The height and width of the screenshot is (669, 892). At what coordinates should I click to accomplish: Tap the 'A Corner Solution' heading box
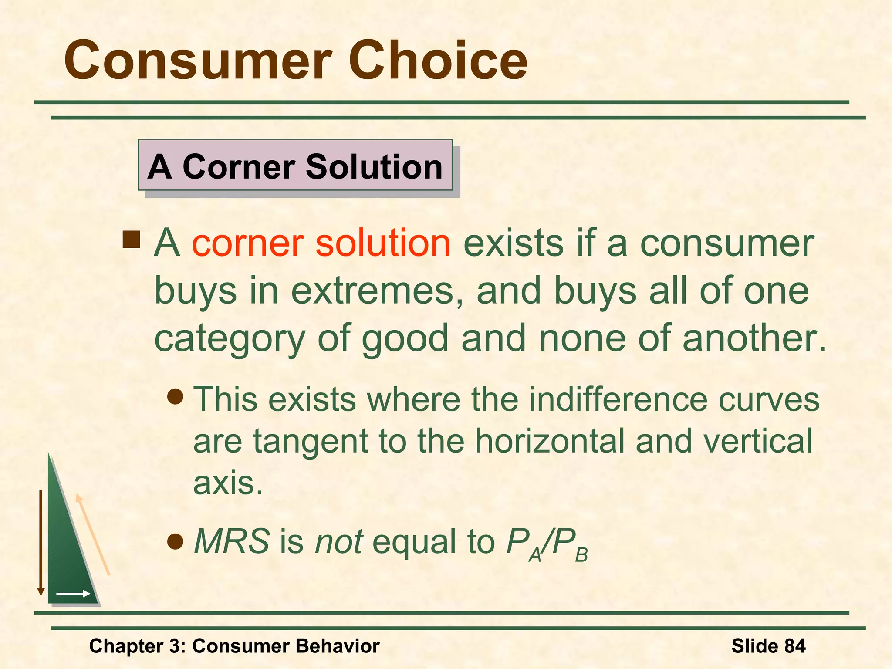click(295, 166)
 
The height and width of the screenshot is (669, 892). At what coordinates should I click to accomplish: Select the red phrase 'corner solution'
click(321, 243)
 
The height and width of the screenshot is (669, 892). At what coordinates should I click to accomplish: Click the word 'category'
click(230, 339)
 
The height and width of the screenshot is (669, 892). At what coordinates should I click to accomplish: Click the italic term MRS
click(232, 541)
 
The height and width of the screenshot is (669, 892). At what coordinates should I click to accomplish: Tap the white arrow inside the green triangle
click(73, 594)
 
